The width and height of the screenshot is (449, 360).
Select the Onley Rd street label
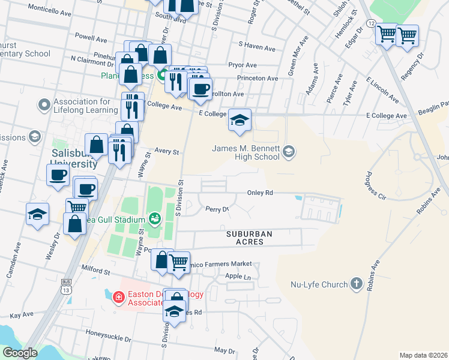pyautogui.click(x=260, y=193)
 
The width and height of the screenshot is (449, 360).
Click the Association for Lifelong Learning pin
pyautogui.click(x=43, y=106)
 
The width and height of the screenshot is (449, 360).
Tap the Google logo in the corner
pyautogui.click(x=19, y=353)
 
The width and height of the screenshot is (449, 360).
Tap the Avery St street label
pyautogui.click(x=167, y=152)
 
